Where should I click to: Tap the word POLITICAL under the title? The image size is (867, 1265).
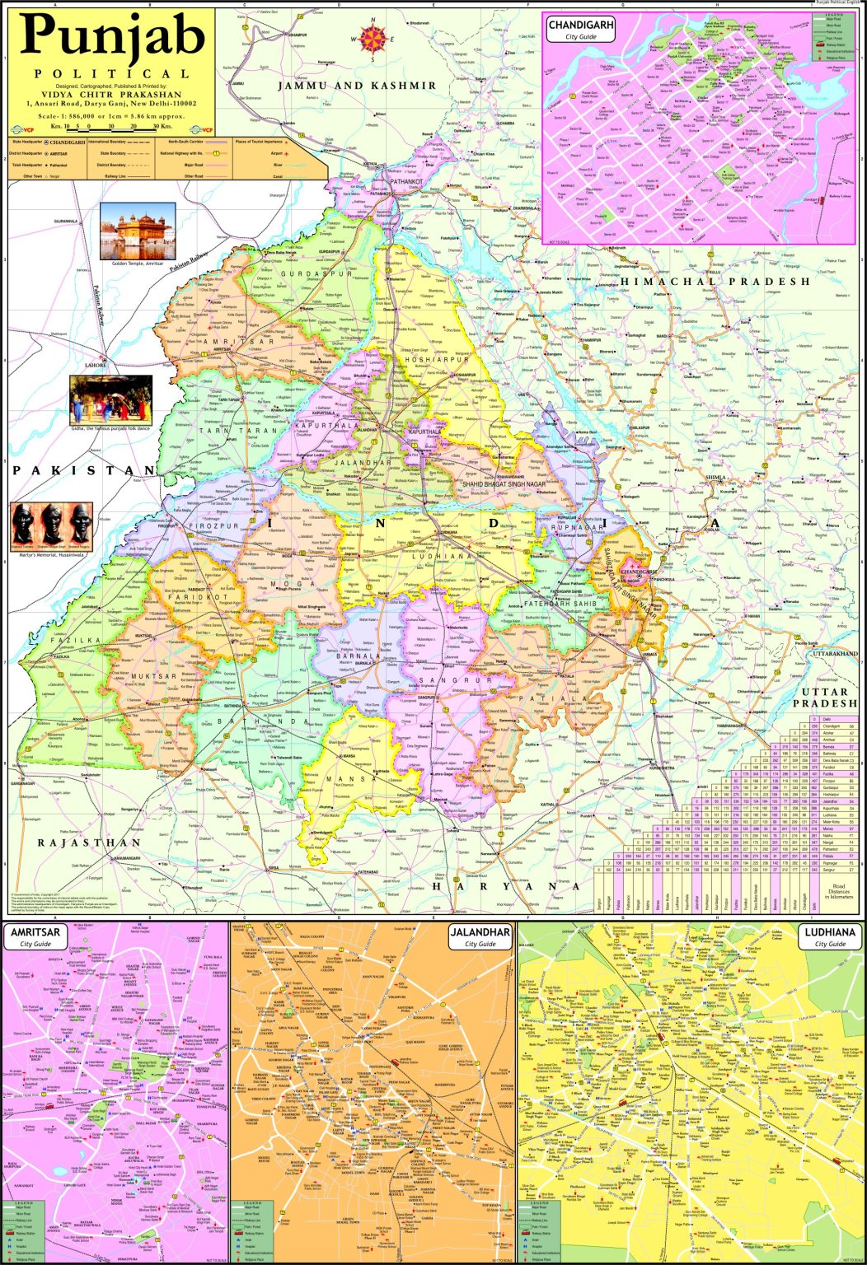[x=112, y=74]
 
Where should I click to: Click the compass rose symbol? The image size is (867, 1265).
[x=373, y=37]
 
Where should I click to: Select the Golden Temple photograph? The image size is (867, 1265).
[x=138, y=231]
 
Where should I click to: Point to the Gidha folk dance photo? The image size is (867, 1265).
[x=110, y=400]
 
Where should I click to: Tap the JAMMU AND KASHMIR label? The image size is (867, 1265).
[x=356, y=86]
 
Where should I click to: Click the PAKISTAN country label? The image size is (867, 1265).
[x=83, y=470]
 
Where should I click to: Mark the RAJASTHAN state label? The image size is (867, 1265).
[x=89, y=843]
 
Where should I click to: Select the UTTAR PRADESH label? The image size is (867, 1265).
[x=825, y=698]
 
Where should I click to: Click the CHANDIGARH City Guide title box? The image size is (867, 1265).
[x=581, y=30]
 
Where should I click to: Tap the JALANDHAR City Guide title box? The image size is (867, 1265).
[x=480, y=937]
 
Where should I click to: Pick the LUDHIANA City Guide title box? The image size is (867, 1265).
[x=830, y=937]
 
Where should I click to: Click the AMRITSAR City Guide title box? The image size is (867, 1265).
[x=35, y=937]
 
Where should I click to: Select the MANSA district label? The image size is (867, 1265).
[x=340, y=778]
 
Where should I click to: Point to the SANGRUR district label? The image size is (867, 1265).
[x=443, y=681]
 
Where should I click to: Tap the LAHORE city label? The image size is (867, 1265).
[x=96, y=364]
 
